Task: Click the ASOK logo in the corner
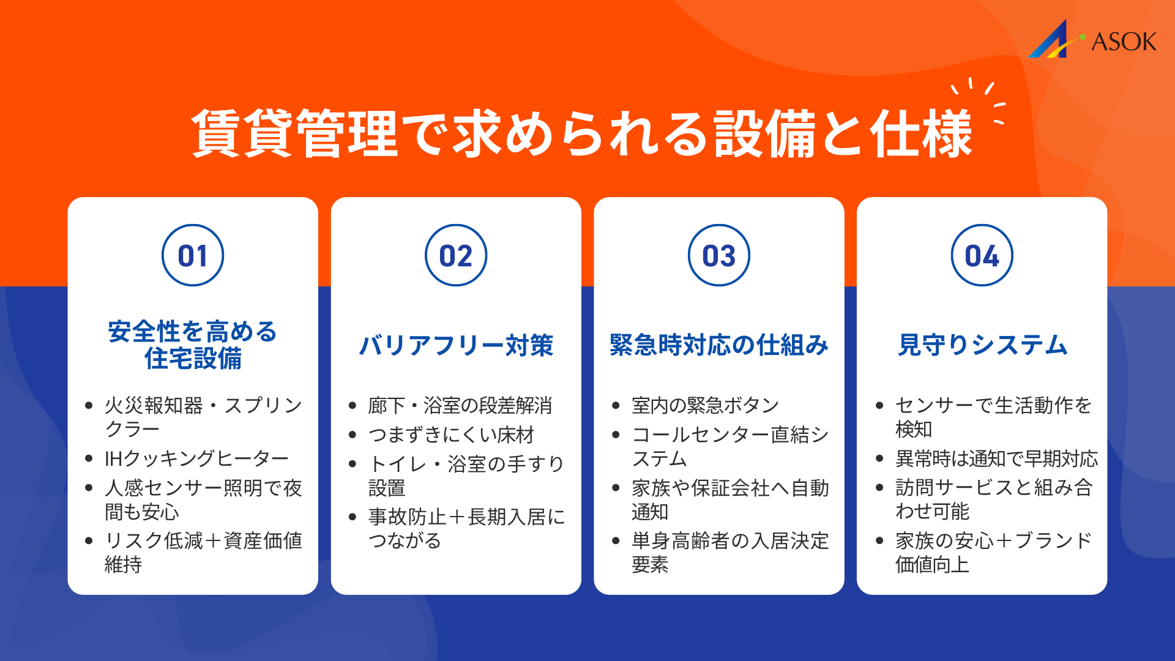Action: coord(1092,40)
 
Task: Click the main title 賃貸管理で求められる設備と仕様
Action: coord(581,133)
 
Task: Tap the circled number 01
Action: coord(193,255)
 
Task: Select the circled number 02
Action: coord(456,255)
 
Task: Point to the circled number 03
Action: coord(719,255)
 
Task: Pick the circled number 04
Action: coord(982,255)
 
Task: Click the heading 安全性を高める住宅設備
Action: coord(193,345)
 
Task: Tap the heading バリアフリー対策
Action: coord(456,345)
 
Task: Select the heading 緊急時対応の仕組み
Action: coord(719,345)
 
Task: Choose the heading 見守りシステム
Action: coord(982,345)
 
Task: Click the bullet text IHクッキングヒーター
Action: coord(196,458)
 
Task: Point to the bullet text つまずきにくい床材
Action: coord(451,435)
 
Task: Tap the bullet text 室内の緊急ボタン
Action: coord(705,405)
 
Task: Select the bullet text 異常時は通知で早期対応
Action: coord(996,458)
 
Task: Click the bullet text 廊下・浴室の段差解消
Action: coord(460,405)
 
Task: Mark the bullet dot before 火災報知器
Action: coord(89,405)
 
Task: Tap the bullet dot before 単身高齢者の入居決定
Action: coord(616,541)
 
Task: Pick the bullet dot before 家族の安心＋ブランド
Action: coord(879,541)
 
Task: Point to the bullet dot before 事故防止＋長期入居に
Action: coord(352,517)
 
